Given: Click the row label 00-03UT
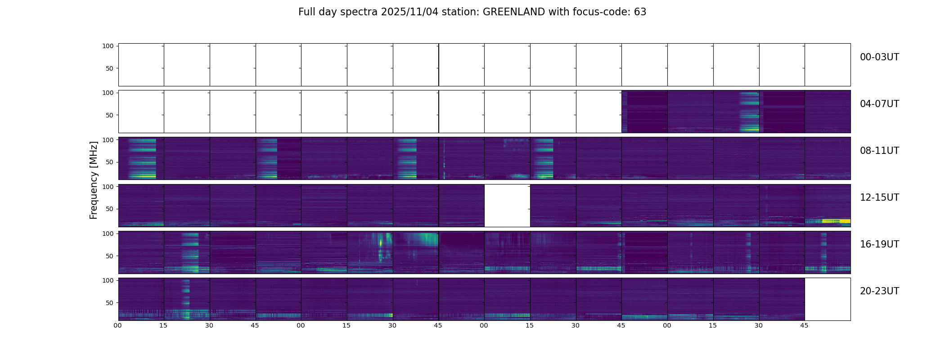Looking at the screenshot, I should point(879,57).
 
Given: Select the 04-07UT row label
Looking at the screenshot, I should point(879,104).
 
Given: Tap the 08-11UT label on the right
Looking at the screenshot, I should point(879,151).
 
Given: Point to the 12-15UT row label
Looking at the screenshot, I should point(879,198).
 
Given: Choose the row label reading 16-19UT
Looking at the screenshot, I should point(879,244).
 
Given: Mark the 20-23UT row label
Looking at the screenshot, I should point(879,291).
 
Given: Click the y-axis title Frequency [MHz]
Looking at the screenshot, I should point(94,180).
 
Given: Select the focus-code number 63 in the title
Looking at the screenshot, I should point(640,12).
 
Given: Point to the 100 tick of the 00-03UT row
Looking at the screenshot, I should point(108,46).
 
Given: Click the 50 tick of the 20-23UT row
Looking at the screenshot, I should point(110,303).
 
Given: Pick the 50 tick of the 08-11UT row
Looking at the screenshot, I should point(110,162).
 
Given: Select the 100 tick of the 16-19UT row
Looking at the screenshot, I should point(108,234).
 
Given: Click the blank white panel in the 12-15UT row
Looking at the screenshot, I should point(507,206).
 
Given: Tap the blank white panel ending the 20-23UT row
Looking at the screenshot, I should point(827,299).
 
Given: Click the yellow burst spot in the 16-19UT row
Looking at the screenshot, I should point(381,243).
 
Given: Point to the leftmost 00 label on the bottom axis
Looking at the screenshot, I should point(117,325).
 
